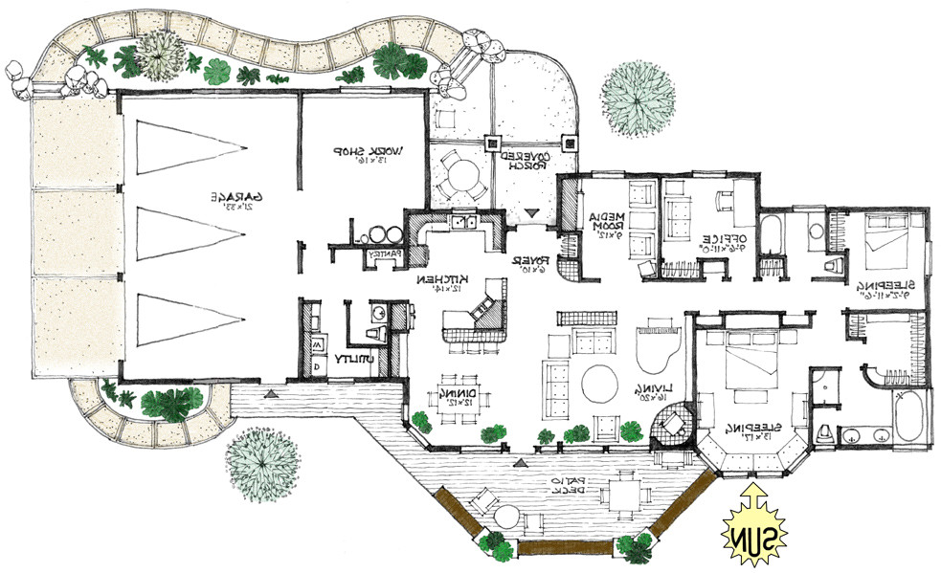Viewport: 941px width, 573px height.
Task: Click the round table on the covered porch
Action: click(x=462, y=176)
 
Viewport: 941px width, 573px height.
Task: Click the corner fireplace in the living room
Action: click(x=672, y=424)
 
